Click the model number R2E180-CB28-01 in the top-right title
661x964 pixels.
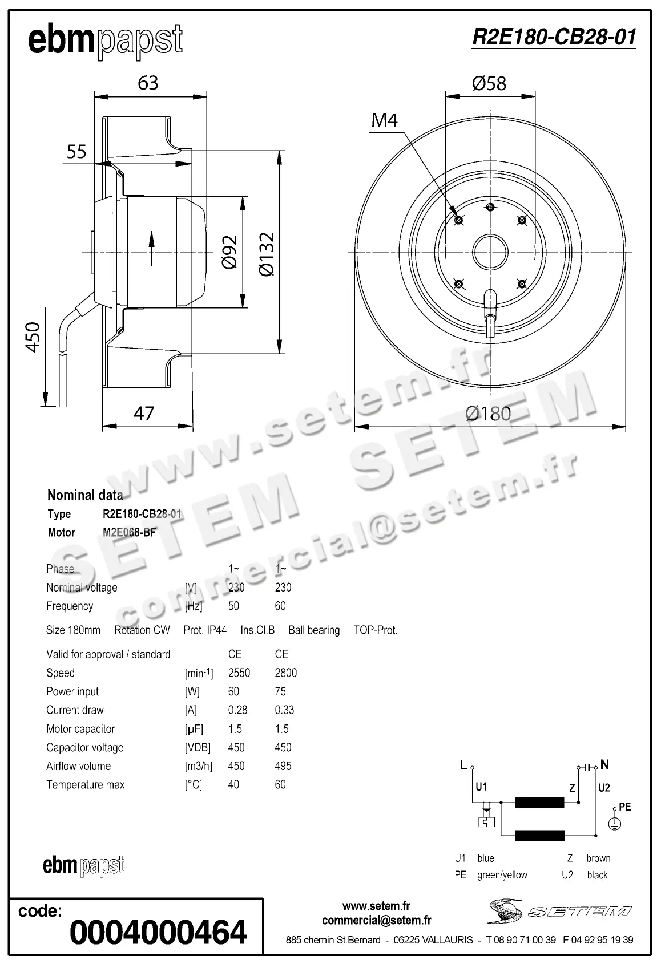point(554,37)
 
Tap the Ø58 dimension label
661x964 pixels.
point(489,83)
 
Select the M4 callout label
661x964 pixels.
point(384,120)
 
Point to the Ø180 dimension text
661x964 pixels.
point(488,414)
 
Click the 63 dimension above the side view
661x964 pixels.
point(148,83)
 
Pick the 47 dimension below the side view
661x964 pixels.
point(144,414)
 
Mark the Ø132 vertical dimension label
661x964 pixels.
point(267,254)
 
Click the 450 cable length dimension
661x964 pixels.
point(34,337)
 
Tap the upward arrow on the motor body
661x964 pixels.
point(152,248)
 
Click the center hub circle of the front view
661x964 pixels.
point(490,252)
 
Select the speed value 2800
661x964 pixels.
point(285,673)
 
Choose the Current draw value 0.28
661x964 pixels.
point(237,710)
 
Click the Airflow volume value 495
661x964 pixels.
point(283,766)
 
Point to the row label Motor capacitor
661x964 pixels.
point(80,729)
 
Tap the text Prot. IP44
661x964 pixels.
point(205,630)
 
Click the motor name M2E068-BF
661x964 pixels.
point(129,533)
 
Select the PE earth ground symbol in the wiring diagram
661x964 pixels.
point(614,824)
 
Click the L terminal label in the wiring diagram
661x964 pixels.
point(463,765)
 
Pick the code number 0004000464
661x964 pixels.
point(158,932)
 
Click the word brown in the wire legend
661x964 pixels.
point(598,858)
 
